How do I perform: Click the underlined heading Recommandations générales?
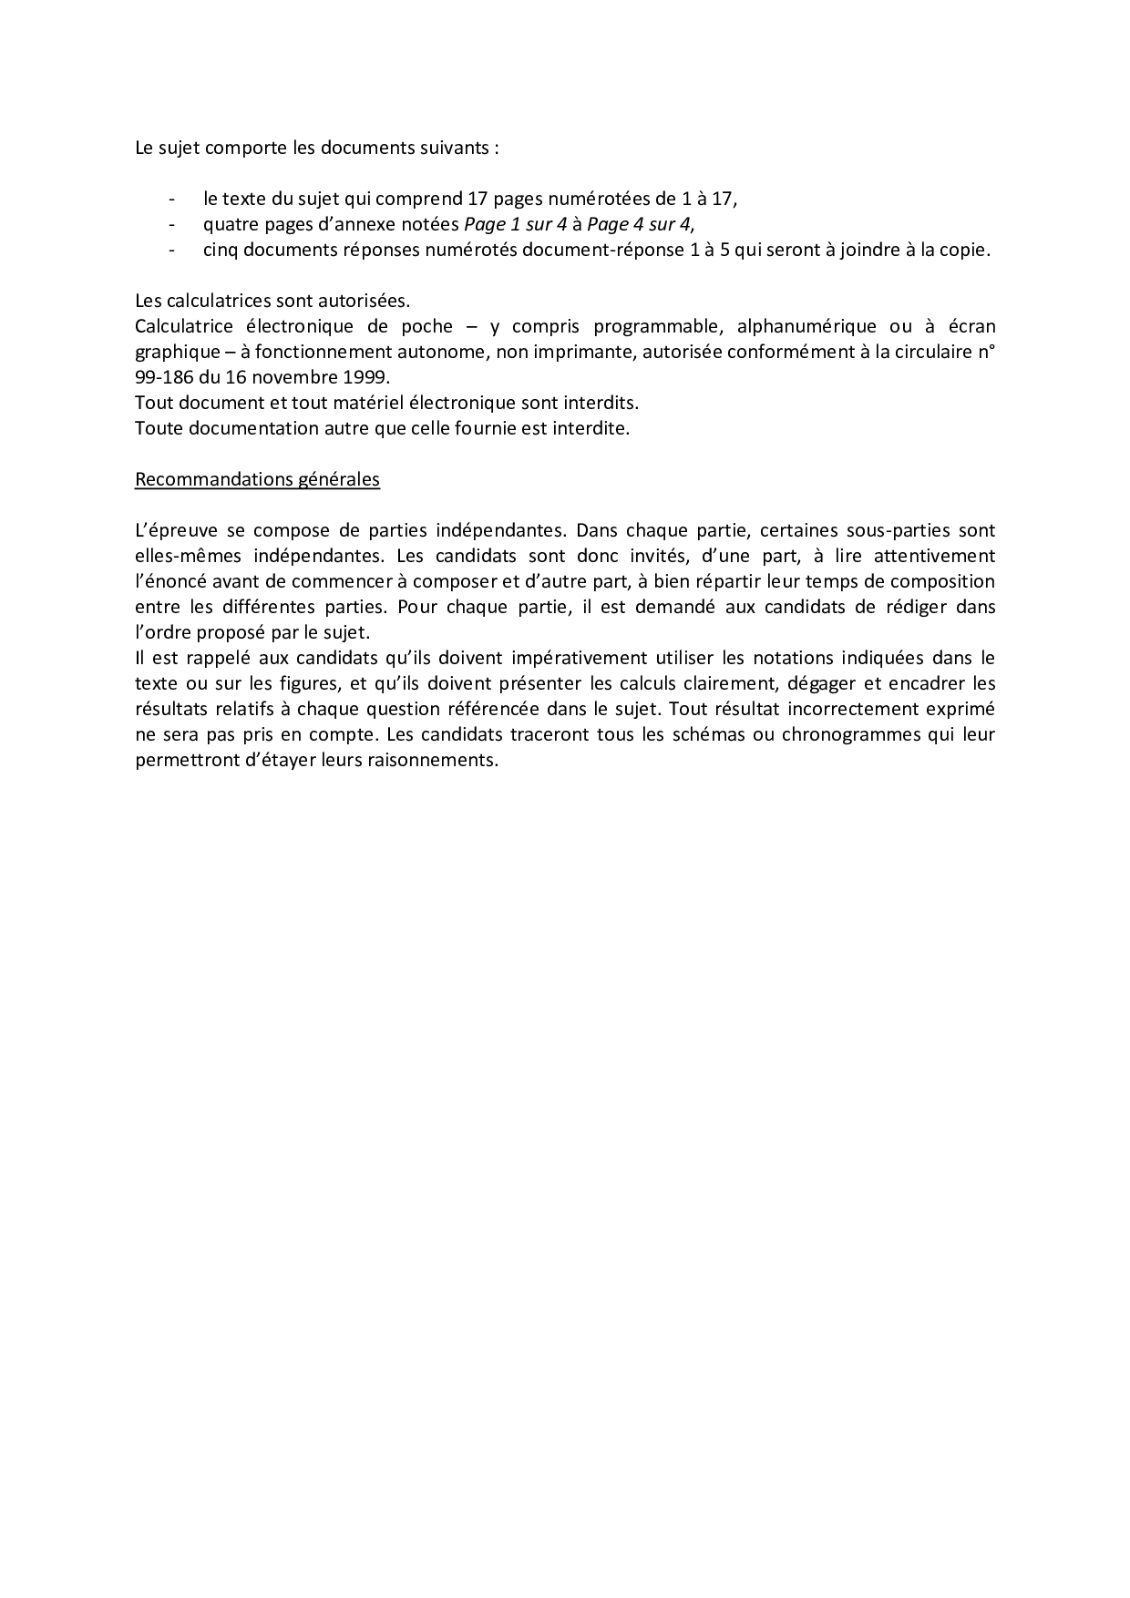point(257,479)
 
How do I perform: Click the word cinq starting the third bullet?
point(220,250)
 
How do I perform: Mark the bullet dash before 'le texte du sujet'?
point(172,199)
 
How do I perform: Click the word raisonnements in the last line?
point(439,760)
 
